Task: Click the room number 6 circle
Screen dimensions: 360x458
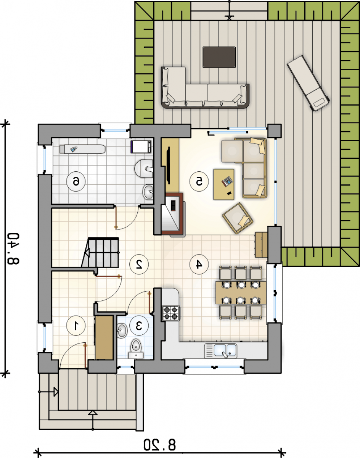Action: tap(76, 182)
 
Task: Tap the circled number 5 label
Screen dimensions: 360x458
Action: tap(199, 181)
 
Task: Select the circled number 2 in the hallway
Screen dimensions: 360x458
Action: tap(139, 264)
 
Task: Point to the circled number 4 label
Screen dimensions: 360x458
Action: tap(199, 264)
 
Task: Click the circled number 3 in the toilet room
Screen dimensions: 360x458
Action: tap(139, 326)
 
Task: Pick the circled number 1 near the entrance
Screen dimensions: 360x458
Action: tap(76, 326)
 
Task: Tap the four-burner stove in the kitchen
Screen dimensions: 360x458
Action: tap(171, 313)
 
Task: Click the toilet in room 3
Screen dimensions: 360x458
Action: tap(136, 349)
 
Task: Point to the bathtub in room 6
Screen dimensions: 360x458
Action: tap(82, 149)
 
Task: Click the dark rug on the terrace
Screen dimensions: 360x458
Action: tap(219, 57)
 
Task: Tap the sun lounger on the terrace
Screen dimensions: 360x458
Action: tap(309, 83)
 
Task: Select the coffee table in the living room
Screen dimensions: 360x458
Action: tap(224, 184)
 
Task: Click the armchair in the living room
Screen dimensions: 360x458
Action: tap(238, 218)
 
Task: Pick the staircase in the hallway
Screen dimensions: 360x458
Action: tap(100, 252)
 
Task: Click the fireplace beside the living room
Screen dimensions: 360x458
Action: tap(172, 214)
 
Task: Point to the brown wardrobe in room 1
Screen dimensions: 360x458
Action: tap(104, 338)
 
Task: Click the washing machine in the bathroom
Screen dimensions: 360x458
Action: tap(141, 147)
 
